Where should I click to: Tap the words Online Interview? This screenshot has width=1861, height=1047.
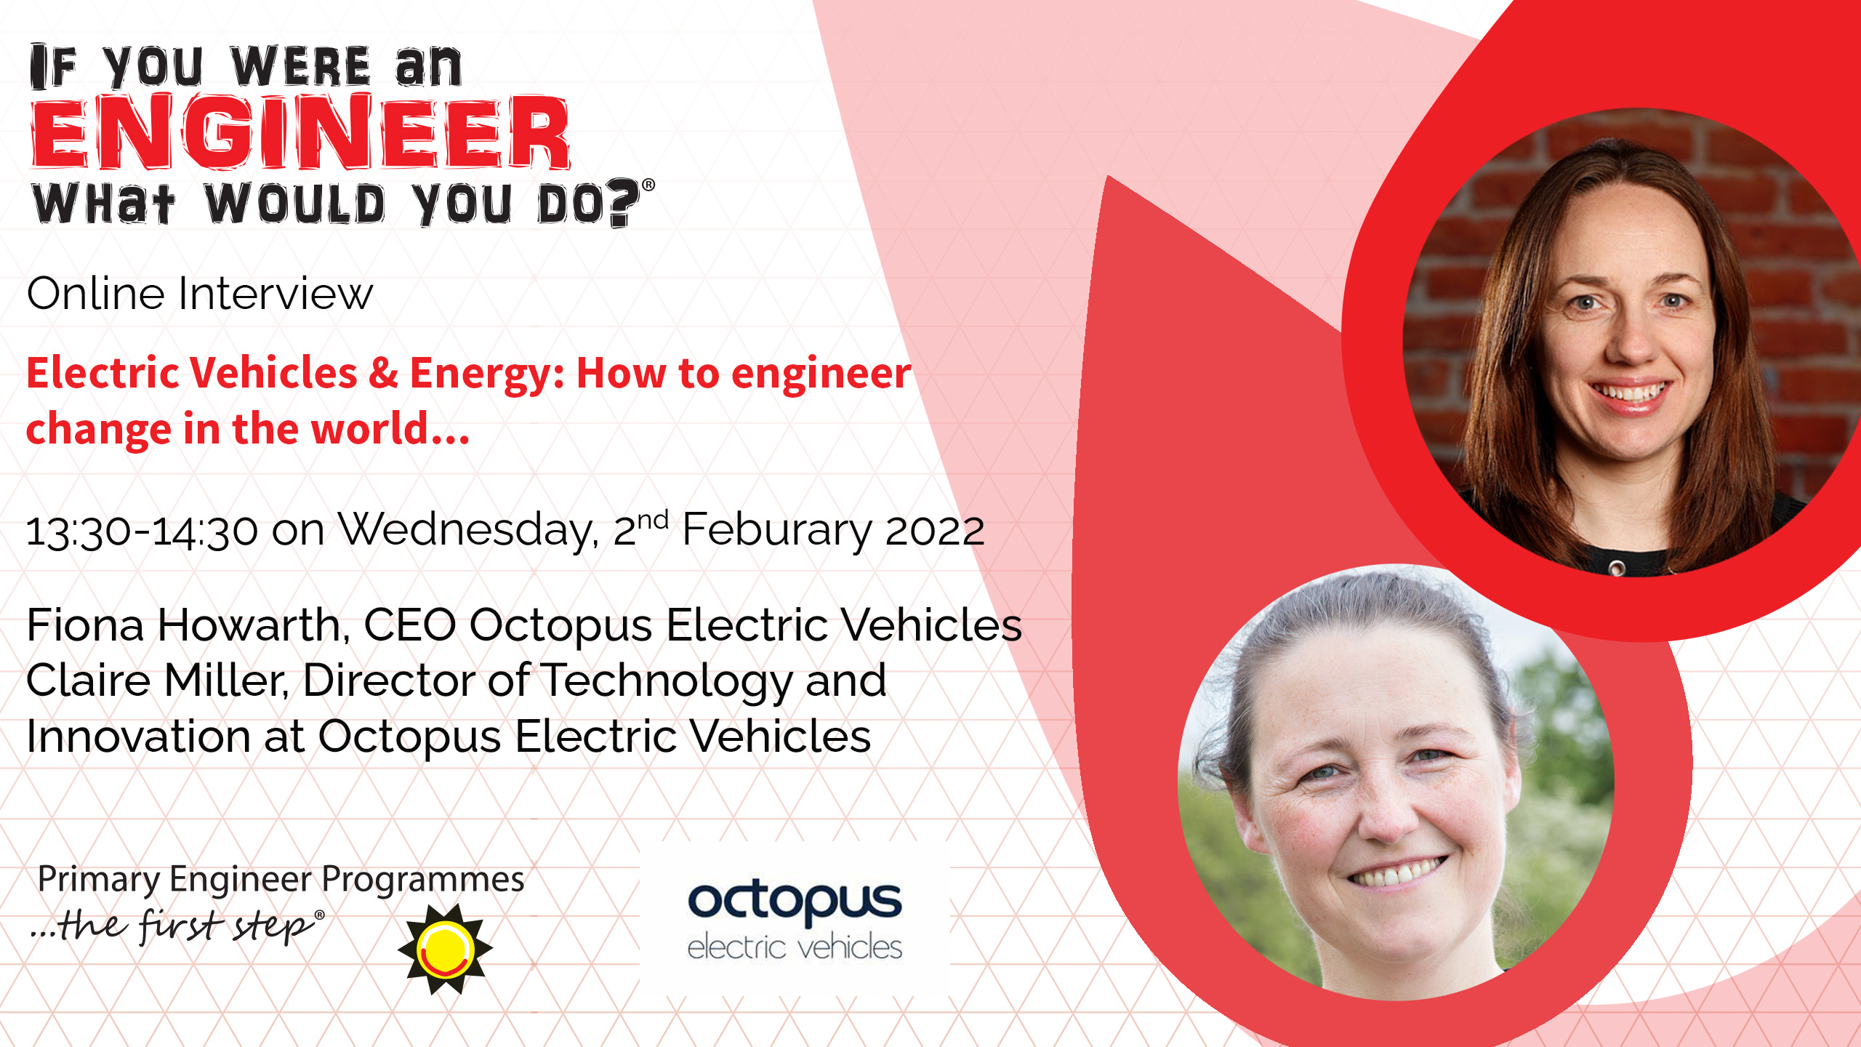click(x=200, y=294)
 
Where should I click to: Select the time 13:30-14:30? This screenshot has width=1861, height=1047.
click(x=142, y=531)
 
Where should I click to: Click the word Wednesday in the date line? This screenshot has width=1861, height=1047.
click(x=469, y=531)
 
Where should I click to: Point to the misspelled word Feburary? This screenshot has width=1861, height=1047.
click(x=776, y=531)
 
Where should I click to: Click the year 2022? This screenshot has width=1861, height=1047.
click(x=935, y=531)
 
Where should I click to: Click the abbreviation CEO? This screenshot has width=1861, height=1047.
click(x=410, y=625)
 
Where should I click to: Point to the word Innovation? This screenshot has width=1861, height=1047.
click(x=139, y=737)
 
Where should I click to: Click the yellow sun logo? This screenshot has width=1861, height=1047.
click(x=446, y=949)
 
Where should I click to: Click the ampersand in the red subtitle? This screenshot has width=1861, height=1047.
click(x=383, y=374)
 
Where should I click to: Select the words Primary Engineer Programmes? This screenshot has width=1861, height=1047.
click(x=281, y=880)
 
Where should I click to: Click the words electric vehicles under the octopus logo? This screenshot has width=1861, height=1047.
click(x=795, y=947)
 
